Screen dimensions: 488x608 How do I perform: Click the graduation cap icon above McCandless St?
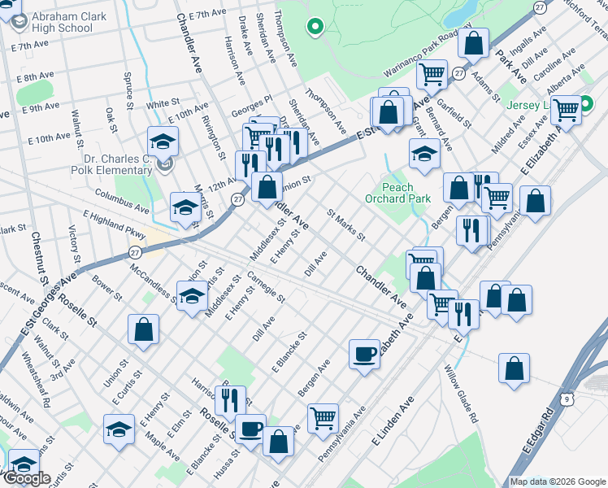coord(192,297)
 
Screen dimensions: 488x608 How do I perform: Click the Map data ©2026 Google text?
coord(558,481)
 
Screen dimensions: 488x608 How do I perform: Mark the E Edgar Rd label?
coord(539,430)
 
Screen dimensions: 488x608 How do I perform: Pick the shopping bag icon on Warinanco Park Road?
coord(473,42)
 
